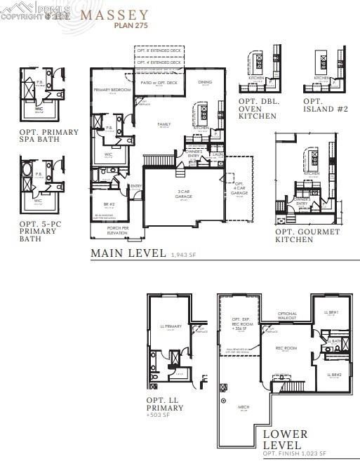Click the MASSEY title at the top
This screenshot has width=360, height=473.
tap(114, 14)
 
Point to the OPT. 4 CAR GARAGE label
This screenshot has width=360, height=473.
tap(239, 189)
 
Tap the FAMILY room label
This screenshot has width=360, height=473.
tap(164, 124)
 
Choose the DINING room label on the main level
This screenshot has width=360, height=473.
tap(205, 83)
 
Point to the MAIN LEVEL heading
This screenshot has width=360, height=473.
tap(128, 253)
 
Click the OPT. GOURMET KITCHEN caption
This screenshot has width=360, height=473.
tap(307, 236)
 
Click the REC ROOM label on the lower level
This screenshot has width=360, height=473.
tap(286, 348)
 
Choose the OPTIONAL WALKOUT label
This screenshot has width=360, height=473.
tap(288, 316)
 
